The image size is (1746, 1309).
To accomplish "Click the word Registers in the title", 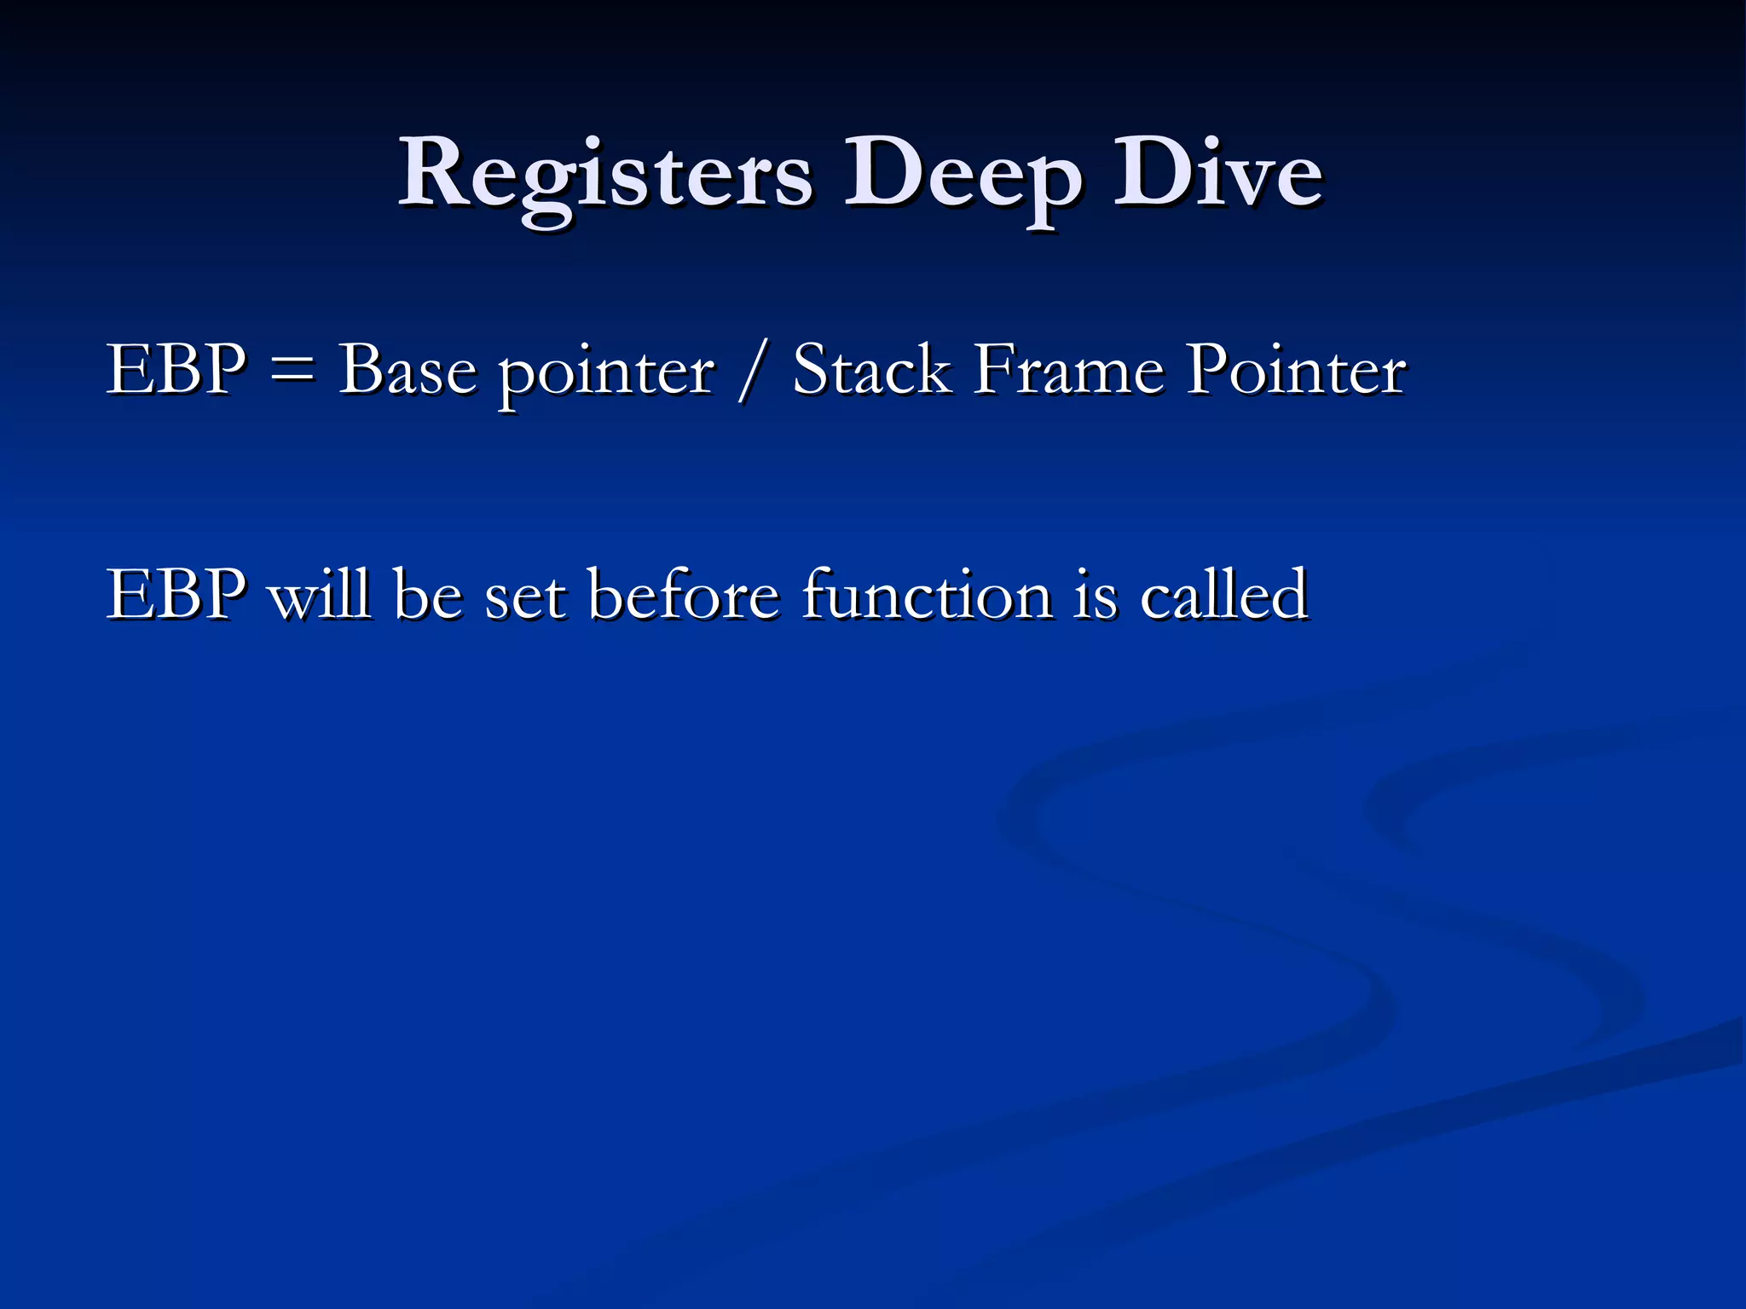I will [x=605, y=175].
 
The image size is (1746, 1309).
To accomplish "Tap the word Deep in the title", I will [x=963, y=179].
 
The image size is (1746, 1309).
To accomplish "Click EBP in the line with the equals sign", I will [x=176, y=370].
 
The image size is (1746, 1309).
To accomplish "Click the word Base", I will [x=408, y=372].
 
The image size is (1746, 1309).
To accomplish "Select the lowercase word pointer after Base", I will [x=606, y=375].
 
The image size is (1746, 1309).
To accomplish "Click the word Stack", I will [x=871, y=370].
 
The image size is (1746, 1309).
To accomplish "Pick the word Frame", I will [x=1069, y=370].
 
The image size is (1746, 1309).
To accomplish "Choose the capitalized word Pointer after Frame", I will [x=1296, y=370].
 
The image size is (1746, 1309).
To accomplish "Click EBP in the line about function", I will [x=176, y=594].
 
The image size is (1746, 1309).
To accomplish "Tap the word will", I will [x=320, y=594].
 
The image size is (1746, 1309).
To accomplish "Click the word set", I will [x=523, y=596].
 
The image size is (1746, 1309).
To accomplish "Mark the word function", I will [x=927, y=594].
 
